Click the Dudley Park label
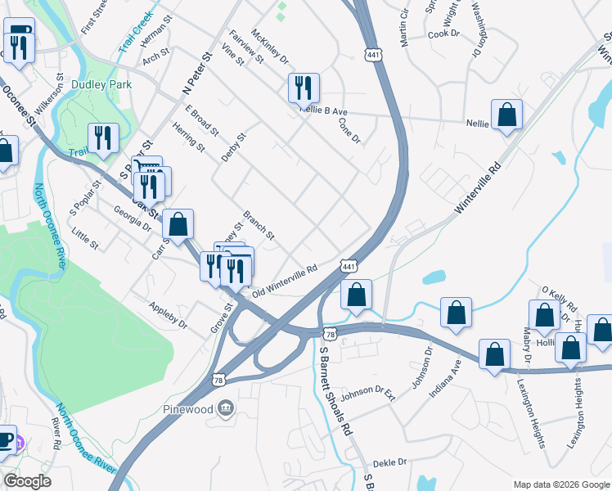point(102,84)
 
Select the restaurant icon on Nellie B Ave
point(304,86)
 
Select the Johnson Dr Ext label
point(368,394)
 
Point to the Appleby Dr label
point(169,315)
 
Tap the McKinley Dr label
point(270,47)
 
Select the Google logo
point(28,481)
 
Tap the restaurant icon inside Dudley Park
point(103,137)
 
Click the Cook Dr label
point(444,34)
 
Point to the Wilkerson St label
point(60,92)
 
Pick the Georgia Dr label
point(132,218)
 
